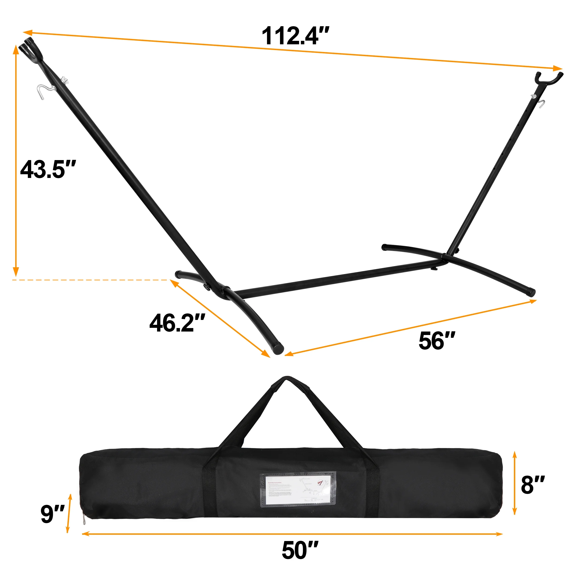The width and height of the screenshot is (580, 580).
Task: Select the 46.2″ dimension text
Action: coord(177,323)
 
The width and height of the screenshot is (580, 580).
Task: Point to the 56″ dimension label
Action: coord(437,341)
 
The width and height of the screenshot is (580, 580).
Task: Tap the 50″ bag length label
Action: coord(300,550)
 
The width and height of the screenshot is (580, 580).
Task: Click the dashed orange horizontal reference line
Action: coord(90,280)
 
